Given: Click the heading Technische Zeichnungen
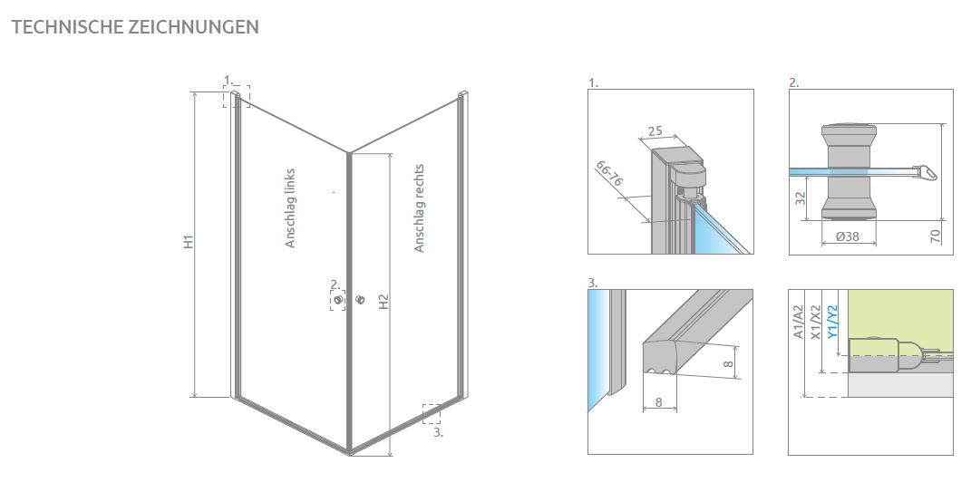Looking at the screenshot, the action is [135, 27].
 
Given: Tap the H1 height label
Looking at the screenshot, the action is [189, 242].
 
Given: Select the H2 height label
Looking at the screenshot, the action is [384, 302].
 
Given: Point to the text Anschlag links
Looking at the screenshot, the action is [290, 208].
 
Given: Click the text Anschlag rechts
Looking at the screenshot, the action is [419, 207].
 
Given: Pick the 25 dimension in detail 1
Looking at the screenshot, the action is [655, 131].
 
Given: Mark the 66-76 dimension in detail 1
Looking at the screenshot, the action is [609, 174].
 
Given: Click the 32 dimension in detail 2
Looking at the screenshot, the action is [800, 198].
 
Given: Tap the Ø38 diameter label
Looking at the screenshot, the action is [847, 236].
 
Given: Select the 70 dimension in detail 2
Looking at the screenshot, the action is [935, 236].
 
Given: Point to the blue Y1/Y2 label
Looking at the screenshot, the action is [832, 321].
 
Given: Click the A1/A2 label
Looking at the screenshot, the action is [798, 322].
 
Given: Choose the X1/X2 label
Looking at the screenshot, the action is [816, 322].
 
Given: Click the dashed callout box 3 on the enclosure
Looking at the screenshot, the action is [432, 413].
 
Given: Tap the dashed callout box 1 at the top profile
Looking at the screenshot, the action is [237, 97].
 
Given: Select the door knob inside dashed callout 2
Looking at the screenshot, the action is [338, 301].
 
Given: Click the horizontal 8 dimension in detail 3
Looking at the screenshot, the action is [659, 402].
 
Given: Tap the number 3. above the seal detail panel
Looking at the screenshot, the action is [593, 284].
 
